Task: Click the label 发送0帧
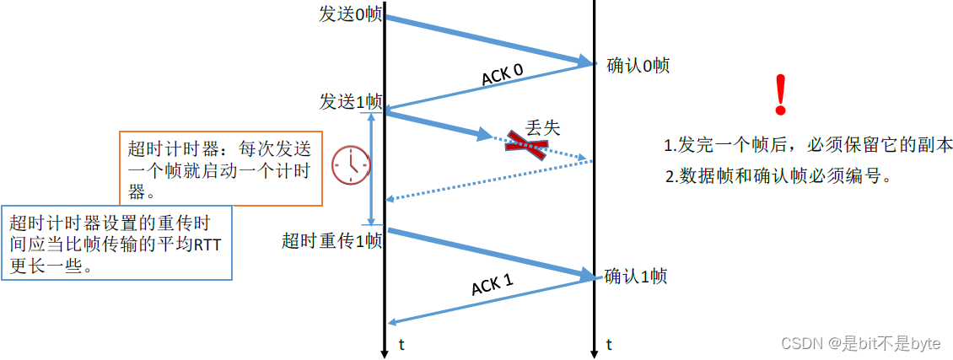350,15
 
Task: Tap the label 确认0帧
638,66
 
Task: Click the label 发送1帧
350,101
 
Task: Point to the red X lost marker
527,146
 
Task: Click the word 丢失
542,127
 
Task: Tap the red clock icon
350,165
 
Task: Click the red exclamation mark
780,94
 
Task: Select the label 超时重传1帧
331,241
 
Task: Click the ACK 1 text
492,285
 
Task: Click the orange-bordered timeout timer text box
220,169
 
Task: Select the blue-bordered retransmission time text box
116,243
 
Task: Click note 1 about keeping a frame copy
808,144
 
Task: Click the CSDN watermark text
860,343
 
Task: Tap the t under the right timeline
609,344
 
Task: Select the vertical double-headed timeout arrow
370,169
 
